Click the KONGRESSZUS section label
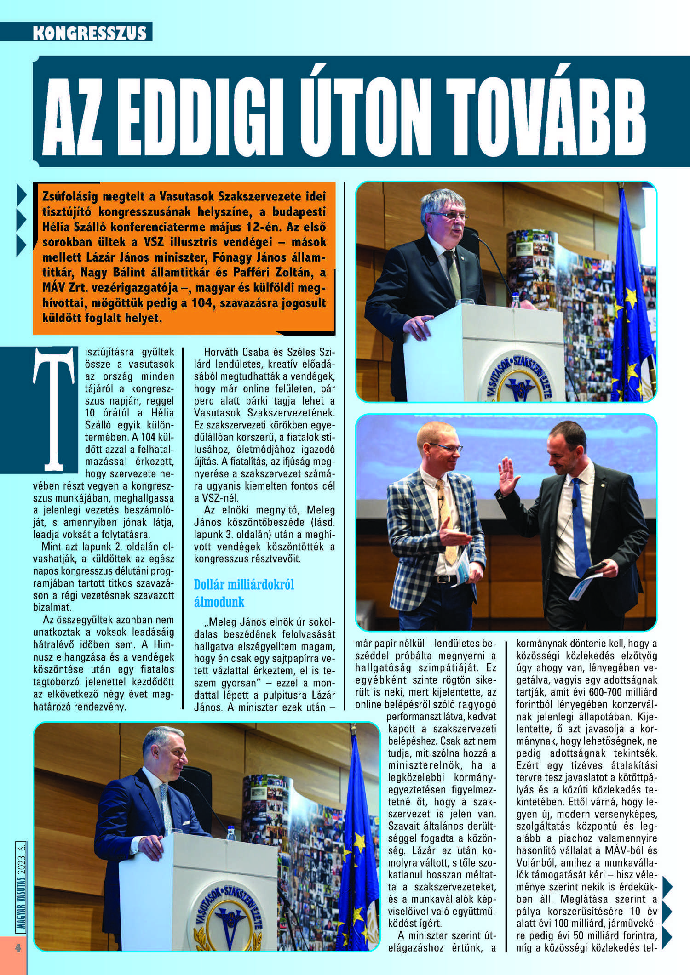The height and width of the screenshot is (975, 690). pos(90,33)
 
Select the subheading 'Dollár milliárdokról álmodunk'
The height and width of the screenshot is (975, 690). pos(244,593)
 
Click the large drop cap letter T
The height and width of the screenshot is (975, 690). pos(54,409)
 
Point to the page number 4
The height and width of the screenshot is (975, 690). pos(18,948)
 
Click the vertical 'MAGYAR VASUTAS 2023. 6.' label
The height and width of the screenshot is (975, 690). pos(21,887)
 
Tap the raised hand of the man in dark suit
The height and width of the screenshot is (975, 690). pos(508,475)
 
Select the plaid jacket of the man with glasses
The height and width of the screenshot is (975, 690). pos(414,529)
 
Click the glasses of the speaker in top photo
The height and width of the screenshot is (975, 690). pos(448,215)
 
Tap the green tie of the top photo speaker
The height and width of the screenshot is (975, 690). pos(453,276)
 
